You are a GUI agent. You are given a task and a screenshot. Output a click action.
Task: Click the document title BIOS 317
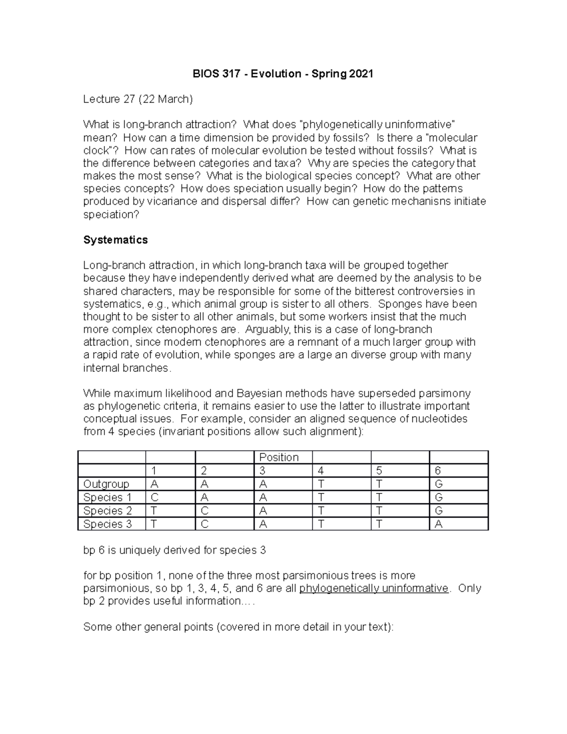[x=283, y=74]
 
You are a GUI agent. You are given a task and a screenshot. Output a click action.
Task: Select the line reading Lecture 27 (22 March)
[x=138, y=99]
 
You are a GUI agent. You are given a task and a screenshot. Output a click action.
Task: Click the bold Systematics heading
[x=115, y=240]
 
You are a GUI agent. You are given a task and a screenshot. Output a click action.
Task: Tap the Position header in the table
[x=279, y=458]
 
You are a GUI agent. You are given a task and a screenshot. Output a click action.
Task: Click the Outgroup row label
[x=106, y=484]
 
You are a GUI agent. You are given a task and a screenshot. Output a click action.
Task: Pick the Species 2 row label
[x=107, y=511]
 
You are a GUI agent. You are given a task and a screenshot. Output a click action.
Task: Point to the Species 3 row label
[x=107, y=524]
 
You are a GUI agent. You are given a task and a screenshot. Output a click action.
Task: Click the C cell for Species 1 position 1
[x=154, y=498]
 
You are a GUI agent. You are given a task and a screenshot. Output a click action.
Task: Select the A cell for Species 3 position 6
[x=438, y=524]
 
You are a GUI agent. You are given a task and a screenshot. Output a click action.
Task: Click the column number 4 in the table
[x=321, y=471]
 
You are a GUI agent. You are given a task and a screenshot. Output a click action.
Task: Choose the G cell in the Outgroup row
[x=438, y=484]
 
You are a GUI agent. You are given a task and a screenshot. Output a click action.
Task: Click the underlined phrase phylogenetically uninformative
[x=374, y=588]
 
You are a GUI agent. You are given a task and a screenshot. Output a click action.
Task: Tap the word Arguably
[x=269, y=329]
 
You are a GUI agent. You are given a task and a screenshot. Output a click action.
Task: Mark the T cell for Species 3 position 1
[x=154, y=524]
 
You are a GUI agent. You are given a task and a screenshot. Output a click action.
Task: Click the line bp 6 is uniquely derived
[x=174, y=551]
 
